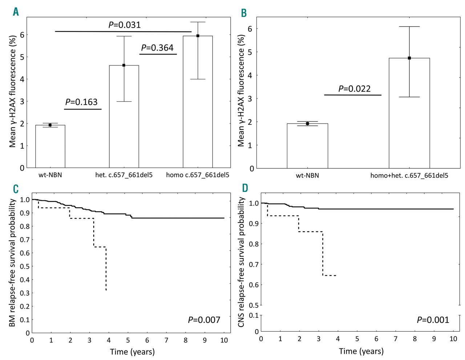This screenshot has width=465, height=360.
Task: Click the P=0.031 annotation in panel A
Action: [124, 25]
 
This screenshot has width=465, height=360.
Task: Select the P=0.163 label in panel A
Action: [81, 102]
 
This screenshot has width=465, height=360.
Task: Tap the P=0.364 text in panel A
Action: [157, 48]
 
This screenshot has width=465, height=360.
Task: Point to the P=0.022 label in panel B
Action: [354, 89]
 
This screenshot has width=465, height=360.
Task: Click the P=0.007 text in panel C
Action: [204, 320]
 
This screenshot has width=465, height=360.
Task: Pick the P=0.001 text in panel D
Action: [433, 320]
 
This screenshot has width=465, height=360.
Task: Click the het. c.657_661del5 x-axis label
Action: [124, 175]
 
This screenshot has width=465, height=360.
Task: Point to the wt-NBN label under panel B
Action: [307, 176]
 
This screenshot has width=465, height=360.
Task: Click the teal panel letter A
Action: [16, 12]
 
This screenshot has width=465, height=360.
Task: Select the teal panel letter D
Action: [245, 188]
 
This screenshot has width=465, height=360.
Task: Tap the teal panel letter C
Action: [16, 189]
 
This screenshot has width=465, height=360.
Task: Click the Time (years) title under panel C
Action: [132, 352]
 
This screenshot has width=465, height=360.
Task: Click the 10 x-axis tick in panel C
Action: [224, 340]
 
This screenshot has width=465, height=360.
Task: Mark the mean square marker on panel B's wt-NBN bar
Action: [307, 124]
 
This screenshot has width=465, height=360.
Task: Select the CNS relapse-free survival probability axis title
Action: [242, 262]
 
